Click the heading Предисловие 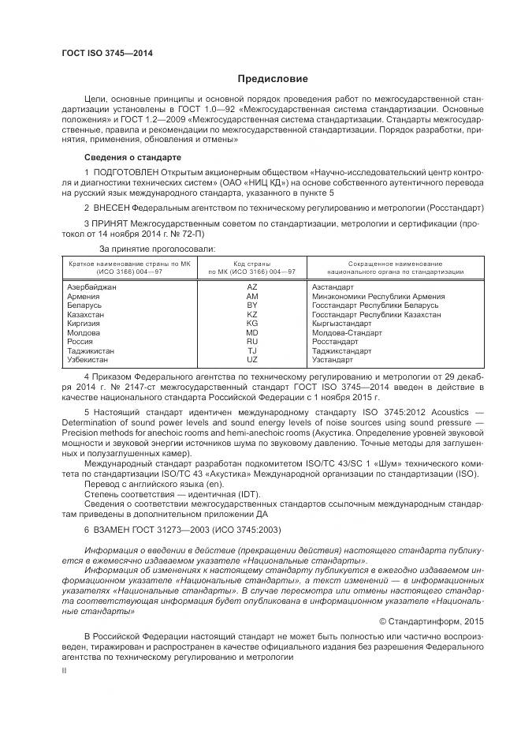coord(273,79)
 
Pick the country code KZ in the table coord(252,314)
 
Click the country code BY coord(252,305)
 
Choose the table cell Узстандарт coord(334,359)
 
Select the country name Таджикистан coord(91,350)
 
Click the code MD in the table coord(252,332)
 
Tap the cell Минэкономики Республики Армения coord(378,296)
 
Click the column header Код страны coord(252,264)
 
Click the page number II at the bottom coord(64,670)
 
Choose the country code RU coord(252,341)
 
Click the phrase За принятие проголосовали coord(151,249)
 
